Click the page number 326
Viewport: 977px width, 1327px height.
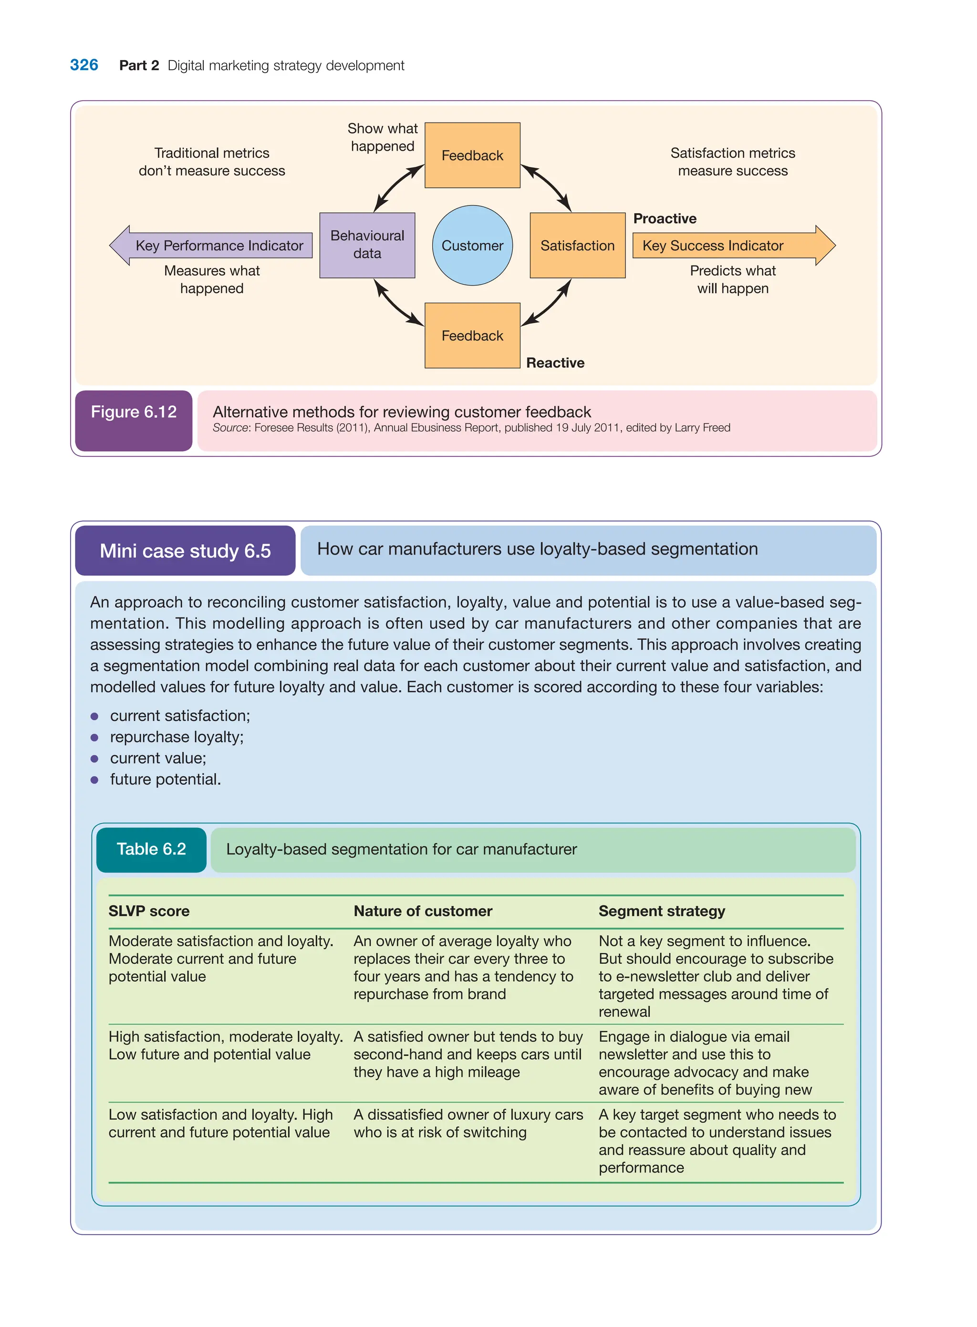[84, 65]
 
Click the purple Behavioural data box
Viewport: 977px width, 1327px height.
[367, 245]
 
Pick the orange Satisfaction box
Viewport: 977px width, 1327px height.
[577, 245]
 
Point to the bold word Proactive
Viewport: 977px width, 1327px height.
[664, 219]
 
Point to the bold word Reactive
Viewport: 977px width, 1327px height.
[555, 363]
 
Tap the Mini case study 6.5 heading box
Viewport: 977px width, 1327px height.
[185, 550]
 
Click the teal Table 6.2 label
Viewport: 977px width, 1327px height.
[151, 849]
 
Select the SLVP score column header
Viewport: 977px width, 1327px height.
[149, 911]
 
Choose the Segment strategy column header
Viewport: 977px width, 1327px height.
[661, 911]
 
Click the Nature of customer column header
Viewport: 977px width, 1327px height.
[422, 911]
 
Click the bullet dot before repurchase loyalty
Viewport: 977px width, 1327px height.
[94, 737]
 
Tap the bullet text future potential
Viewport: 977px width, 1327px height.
[165, 779]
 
